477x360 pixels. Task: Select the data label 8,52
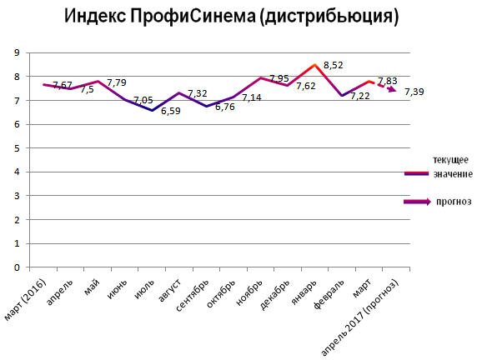[334, 64]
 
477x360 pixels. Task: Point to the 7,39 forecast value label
[414, 91]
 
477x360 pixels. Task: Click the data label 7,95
[279, 78]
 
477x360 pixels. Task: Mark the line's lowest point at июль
[152, 110]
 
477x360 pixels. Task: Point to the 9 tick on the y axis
[17, 52]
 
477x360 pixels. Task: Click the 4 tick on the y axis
[17, 172]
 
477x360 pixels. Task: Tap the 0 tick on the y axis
[17, 268]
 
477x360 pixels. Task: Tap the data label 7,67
[63, 85]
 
